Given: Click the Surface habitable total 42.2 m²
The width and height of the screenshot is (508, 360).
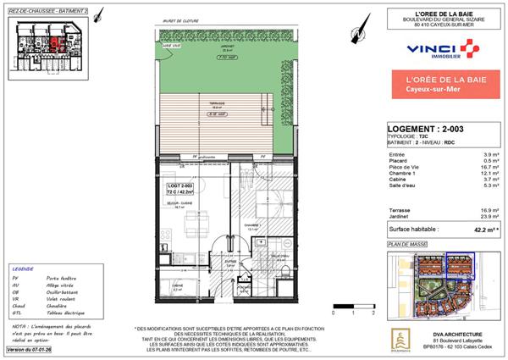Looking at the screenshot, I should (x=482, y=229).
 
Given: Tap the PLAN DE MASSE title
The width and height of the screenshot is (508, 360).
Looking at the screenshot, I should (x=403, y=244).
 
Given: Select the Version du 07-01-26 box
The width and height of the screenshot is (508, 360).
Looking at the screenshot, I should (x=30, y=349).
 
